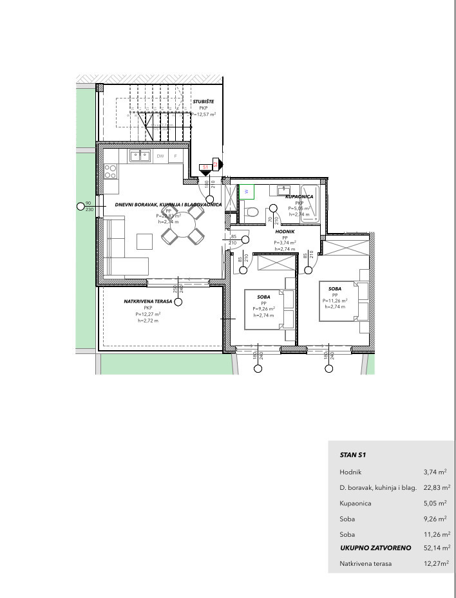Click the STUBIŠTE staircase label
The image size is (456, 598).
(203, 102)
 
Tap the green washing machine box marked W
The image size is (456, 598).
(245, 191)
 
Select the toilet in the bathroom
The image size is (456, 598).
(252, 212)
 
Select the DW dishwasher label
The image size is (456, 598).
(160, 156)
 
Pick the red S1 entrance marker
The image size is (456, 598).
(205, 167)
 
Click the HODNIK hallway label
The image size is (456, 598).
(285, 230)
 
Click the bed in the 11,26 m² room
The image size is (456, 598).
(345, 301)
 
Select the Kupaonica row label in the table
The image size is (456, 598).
(356, 503)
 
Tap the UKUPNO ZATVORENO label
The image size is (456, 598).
(375, 548)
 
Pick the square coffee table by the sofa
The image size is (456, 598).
(144, 241)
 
